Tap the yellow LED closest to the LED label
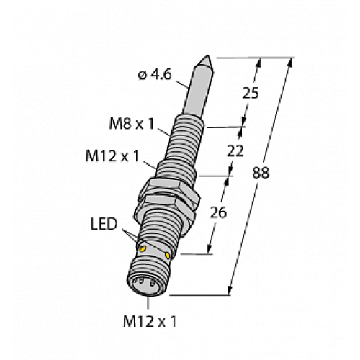[x=143, y=248]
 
